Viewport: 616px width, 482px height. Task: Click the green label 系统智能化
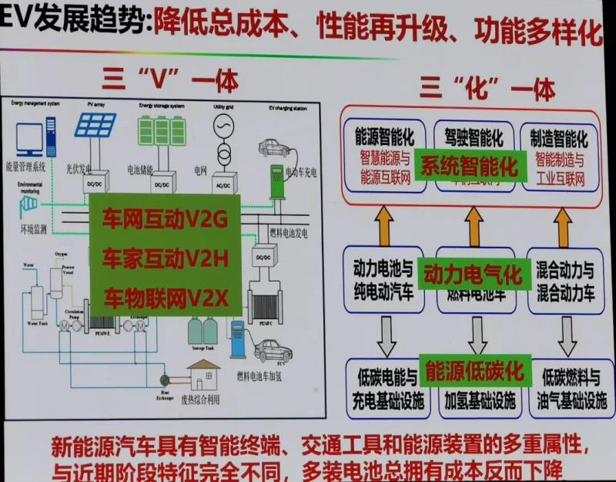[470, 167]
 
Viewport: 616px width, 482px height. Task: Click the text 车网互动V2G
[166, 221]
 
